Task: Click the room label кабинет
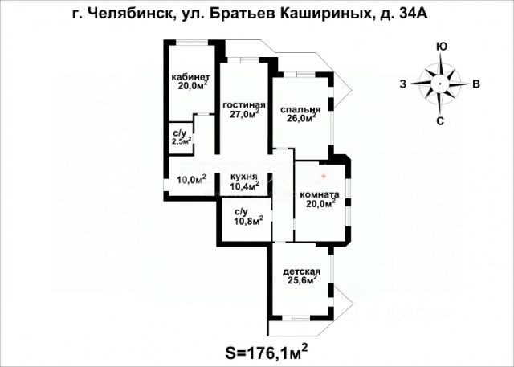pos(190,77)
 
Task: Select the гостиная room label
pos(244,105)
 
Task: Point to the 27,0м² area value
pos(244,115)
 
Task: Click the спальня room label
pos(301,110)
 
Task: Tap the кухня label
pos(243,177)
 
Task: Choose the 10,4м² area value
pos(244,186)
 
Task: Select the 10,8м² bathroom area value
pos(243,221)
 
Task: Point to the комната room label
pos(320,194)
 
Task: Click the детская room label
pos(302,271)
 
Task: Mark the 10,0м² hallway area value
pos(191,180)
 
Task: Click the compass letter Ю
pos(442,47)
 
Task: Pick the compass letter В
pos(476,84)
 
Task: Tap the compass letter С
pos(440,121)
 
